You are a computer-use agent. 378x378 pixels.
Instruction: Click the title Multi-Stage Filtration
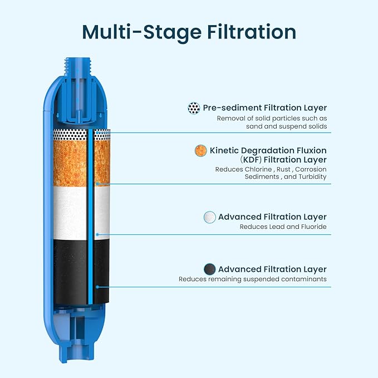(189, 32)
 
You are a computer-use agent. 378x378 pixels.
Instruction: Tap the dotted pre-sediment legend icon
(194, 108)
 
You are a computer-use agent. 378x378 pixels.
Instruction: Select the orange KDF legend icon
(201, 150)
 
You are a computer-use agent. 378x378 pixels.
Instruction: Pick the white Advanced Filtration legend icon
(209, 217)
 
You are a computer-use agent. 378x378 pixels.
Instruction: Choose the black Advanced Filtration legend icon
(209, 269)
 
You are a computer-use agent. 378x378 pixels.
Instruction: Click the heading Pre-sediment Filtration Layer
(264, 108)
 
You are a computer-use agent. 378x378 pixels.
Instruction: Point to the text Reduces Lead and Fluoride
(283, 227)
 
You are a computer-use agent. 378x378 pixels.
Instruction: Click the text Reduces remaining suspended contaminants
(252, 279)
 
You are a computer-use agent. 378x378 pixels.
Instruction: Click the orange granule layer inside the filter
(75, 161)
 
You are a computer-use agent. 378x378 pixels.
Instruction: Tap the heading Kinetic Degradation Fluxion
(268, 150)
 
